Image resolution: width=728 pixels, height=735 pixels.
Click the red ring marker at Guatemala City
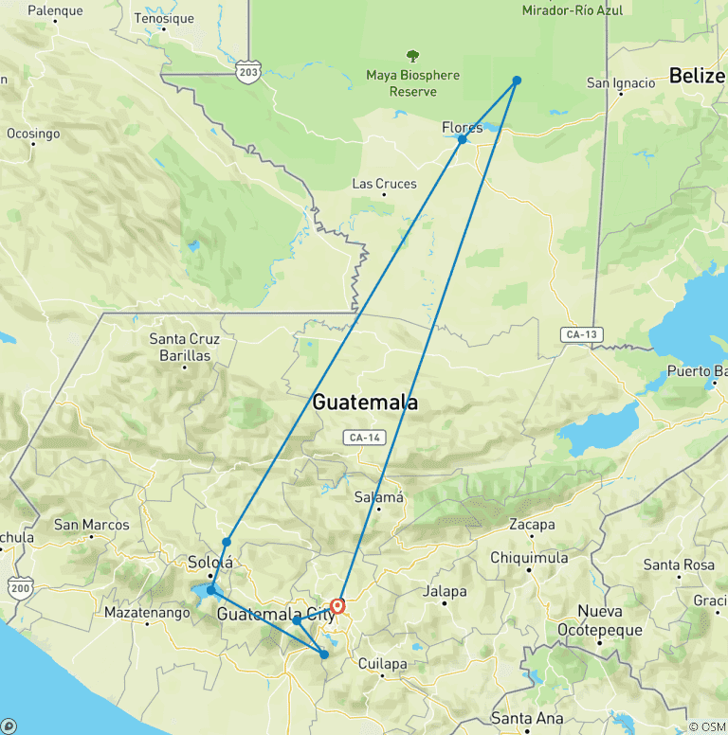(x=337, y=605)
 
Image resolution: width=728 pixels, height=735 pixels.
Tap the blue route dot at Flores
(x=462, y=139)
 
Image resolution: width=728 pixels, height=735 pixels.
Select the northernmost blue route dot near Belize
(x=517, y=81)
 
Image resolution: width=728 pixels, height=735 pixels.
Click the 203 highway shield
(x=248, y=73)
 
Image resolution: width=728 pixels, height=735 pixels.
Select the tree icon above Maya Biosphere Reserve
(x=412, y=57)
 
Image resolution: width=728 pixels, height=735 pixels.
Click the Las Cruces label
(x=384, y=184)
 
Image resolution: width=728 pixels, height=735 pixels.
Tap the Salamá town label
(x=379, y=497)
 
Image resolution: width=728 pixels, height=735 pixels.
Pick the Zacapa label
(x=532, y=525)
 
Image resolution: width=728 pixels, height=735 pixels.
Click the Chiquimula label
(x=529, y=558)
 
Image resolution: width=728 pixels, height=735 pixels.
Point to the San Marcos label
(x=91, y=525)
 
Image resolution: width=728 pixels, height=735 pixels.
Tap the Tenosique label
(x=164, y=18)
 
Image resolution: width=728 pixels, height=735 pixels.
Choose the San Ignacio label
(x=621, y=83)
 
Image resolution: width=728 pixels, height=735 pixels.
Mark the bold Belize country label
(x=698, y=76)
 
